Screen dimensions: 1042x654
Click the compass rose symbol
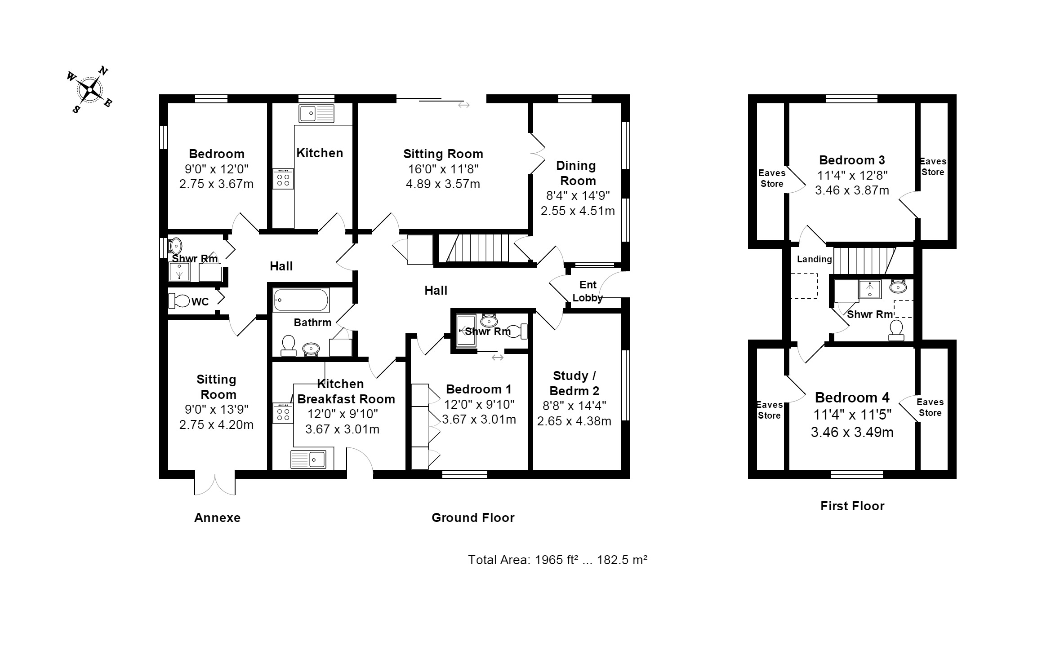click(x=90, y=90)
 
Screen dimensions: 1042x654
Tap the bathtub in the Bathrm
click(x=301, y=300)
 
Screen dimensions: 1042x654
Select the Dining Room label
click(x=577, y=173)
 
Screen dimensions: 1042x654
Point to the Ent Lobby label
click(x=588, y=291)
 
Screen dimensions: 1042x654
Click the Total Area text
click(x=557, y=560)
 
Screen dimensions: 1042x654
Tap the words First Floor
click(x=852, y=506)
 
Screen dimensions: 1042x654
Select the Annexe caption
click(x=217, y=517)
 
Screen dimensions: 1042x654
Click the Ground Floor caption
click(x=473, y=517)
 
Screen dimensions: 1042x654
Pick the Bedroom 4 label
click(x=852, y=398)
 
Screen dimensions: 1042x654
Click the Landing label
click(x=814, y=259)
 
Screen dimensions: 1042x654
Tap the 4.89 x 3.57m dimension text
click(x=443, y=184)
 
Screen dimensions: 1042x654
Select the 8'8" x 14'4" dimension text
click(x=574, y=406)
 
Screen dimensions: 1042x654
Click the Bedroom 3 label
click(x=852, y=160)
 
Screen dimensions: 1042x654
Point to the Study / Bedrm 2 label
click(x=574, y=383)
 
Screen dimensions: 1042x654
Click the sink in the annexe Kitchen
click(x=317, y=113)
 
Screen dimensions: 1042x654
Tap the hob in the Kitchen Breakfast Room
click(x=283, y=413)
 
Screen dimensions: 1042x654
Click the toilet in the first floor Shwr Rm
click(x=896, y=330)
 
